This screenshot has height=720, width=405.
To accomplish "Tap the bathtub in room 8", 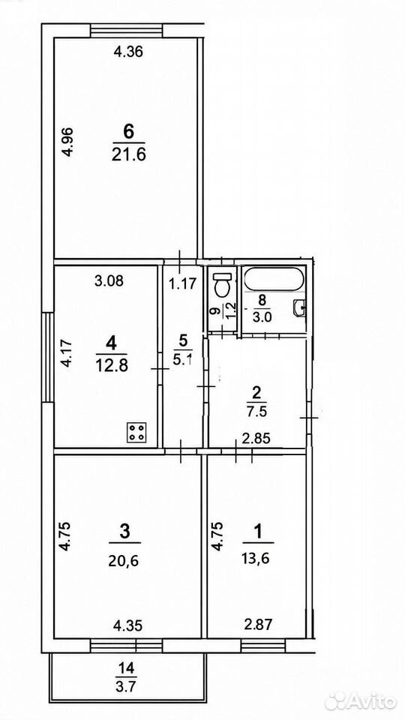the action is click(273, 279).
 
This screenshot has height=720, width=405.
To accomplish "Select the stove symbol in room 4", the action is click(136, 432).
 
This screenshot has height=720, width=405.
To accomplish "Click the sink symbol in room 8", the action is click(299, 307).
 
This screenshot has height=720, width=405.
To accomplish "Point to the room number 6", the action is click(128, 132).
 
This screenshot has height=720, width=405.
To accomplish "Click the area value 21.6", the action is click(128, 155).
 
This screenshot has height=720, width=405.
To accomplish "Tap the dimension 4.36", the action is click(128, 52).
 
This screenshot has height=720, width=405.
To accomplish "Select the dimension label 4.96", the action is click(67, 142).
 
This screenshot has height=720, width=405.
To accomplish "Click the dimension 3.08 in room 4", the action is click(109, 280).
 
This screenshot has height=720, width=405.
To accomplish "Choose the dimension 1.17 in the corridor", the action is click(184, 284).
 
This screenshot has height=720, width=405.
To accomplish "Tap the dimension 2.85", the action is click(256, 438).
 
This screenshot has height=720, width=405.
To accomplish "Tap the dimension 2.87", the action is click(257, 624).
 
